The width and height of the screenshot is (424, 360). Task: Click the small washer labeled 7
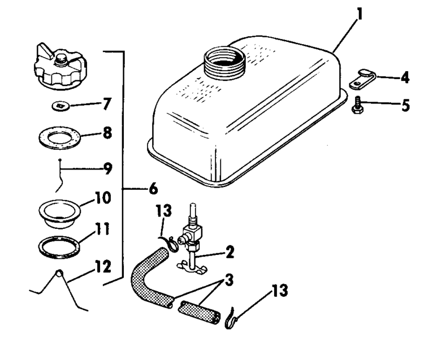[59, 106]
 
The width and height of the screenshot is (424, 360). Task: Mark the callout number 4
[405, 77]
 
